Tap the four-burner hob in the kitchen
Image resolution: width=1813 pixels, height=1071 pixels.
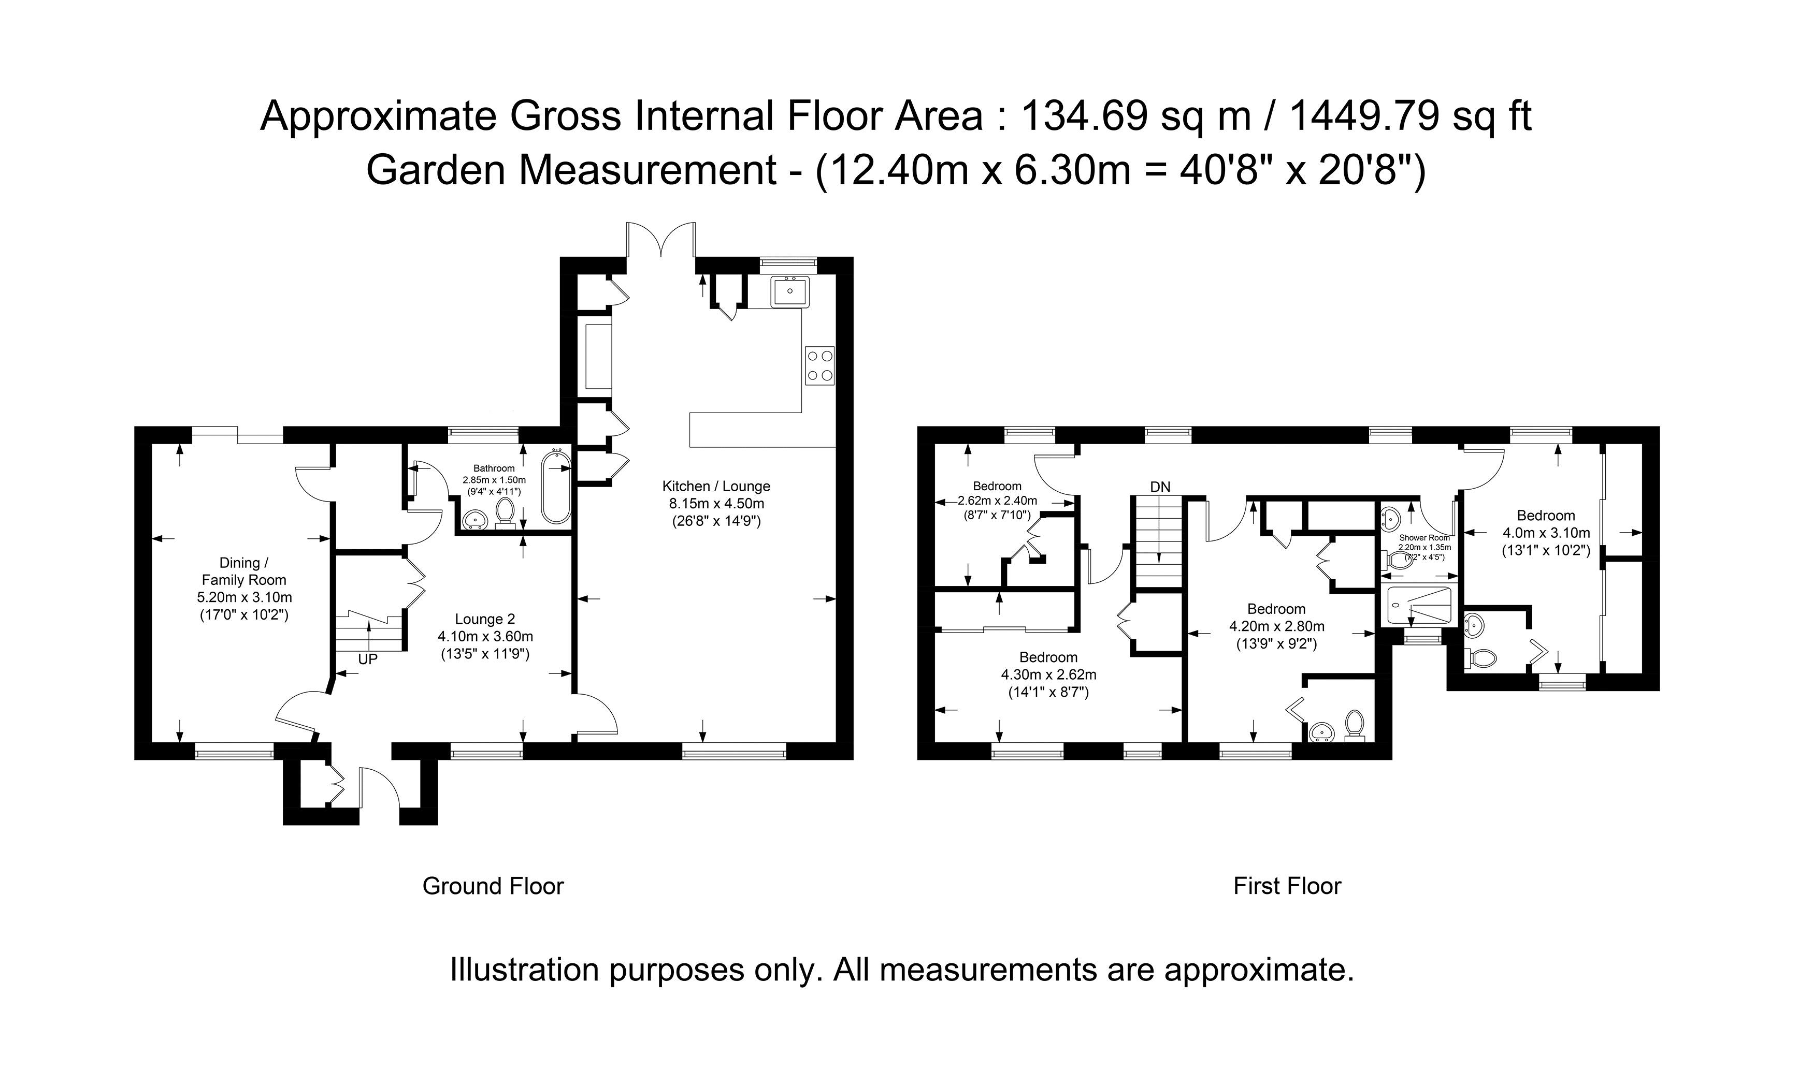819,365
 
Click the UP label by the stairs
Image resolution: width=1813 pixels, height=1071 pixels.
367,659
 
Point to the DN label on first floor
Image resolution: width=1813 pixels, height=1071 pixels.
1160,487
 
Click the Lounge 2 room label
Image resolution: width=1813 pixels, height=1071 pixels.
484,619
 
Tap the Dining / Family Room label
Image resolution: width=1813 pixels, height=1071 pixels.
244,571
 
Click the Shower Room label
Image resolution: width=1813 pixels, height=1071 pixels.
1424,538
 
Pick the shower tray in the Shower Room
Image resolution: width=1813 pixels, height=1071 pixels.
1415,606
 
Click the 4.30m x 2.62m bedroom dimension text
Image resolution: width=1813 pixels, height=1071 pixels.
1048,675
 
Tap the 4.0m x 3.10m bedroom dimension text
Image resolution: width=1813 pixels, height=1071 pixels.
1546,533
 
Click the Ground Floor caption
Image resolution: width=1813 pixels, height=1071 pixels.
493,886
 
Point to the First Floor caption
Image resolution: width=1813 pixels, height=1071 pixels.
1287,886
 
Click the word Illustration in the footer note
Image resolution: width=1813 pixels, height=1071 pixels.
524,970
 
